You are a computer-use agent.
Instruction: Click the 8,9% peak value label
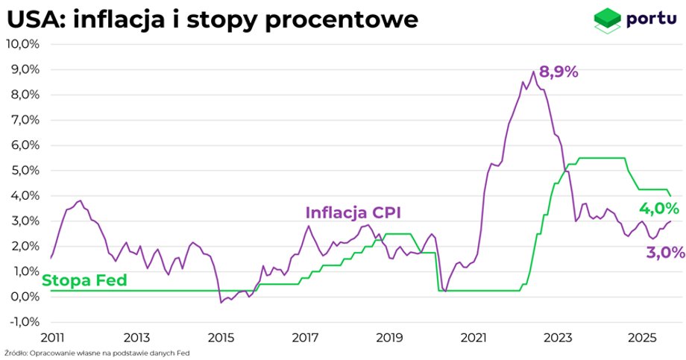click(x=558, y=72)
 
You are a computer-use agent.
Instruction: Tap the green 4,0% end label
click(x=659, y=209)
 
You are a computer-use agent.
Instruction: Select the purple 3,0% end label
click(x=665, y=253)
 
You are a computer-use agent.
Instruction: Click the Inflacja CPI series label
click(x=353, y=213)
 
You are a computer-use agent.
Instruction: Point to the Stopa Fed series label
click(x=84, y=280)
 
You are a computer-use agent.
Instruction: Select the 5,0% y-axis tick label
click(x=23, y=171)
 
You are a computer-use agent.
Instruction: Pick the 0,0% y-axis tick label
click(x=23, y=297)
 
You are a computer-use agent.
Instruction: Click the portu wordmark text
click(x=652, y=18)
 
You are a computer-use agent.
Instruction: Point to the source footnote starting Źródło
click(x=96, y=353)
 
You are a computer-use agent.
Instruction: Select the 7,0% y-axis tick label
click(x=23, y=120)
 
